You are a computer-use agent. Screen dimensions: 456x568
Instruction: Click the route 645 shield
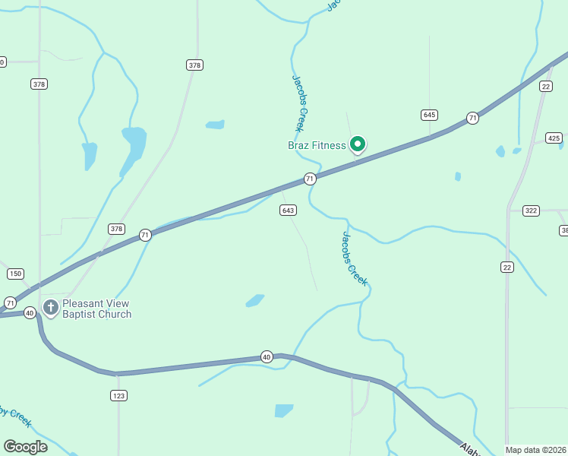(x=429, y=115)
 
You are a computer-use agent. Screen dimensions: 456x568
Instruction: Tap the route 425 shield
(x=554, y=138)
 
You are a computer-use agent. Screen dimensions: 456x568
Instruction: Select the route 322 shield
(x=530, y=210)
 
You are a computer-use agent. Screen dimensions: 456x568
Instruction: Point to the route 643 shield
(x=288, y=210)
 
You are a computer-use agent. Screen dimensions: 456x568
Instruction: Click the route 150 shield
(x=15, y=273)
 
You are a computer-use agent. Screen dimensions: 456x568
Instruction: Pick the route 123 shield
(x=118, y=395)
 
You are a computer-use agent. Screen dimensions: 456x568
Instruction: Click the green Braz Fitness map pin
(x=357, y=144)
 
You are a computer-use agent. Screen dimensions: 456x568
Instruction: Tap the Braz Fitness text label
(x=317, y=145)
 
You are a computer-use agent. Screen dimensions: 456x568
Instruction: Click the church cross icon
(x=51, y=308)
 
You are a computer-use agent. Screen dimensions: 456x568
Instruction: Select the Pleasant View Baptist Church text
(x=97, y=309)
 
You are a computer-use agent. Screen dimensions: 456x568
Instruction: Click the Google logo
(x=25, y=446)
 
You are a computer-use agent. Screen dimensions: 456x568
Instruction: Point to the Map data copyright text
(x=535, y=450)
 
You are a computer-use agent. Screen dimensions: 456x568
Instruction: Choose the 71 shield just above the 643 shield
(x=309, y=179)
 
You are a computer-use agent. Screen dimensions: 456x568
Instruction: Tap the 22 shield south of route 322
(x=506, y=266)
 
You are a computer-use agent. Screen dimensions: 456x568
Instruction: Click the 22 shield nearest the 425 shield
(x=546, y=87)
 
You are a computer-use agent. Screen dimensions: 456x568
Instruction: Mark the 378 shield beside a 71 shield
(x=116, y=228)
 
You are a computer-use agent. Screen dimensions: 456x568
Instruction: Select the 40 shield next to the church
(x=30, y=312)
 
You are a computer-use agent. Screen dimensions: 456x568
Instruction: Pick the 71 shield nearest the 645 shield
(x=472, y=118)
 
